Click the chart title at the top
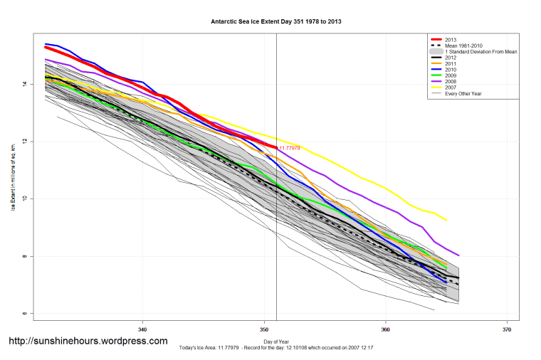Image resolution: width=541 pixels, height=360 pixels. tap(270, 22)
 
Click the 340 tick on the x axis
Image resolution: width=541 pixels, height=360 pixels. tap(143, 329)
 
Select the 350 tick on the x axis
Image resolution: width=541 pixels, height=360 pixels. tap(264, 329)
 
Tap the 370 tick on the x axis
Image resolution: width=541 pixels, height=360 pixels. tap(506, 329)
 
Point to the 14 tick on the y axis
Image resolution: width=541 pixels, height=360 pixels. tap(23, 84)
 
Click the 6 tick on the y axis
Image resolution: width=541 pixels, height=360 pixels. tap(23, 313)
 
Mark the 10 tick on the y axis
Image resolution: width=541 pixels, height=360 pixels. tap(23, 198)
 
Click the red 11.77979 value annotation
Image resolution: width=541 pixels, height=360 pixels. tap(289, 148)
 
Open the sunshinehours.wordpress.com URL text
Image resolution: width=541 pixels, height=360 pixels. tap(88, 341)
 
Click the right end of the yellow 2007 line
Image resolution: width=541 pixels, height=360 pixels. tap(447, 221)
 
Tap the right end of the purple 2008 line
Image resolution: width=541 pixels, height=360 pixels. tap(459, 255)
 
